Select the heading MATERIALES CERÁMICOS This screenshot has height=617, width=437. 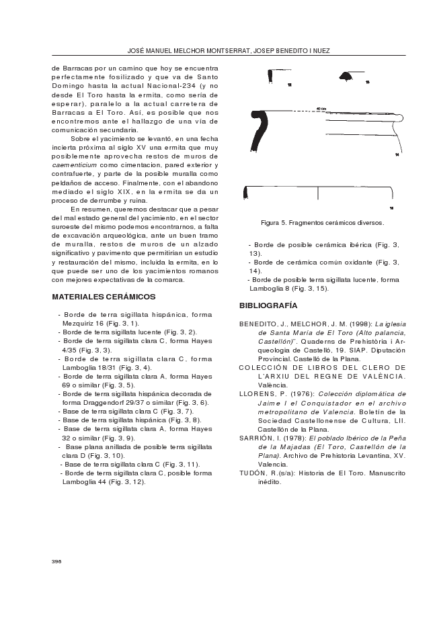pos(104,297)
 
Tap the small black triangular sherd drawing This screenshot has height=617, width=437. pos(347,76)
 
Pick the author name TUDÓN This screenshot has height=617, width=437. pos(254,473)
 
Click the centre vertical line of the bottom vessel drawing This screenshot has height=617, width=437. pos(318,194)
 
